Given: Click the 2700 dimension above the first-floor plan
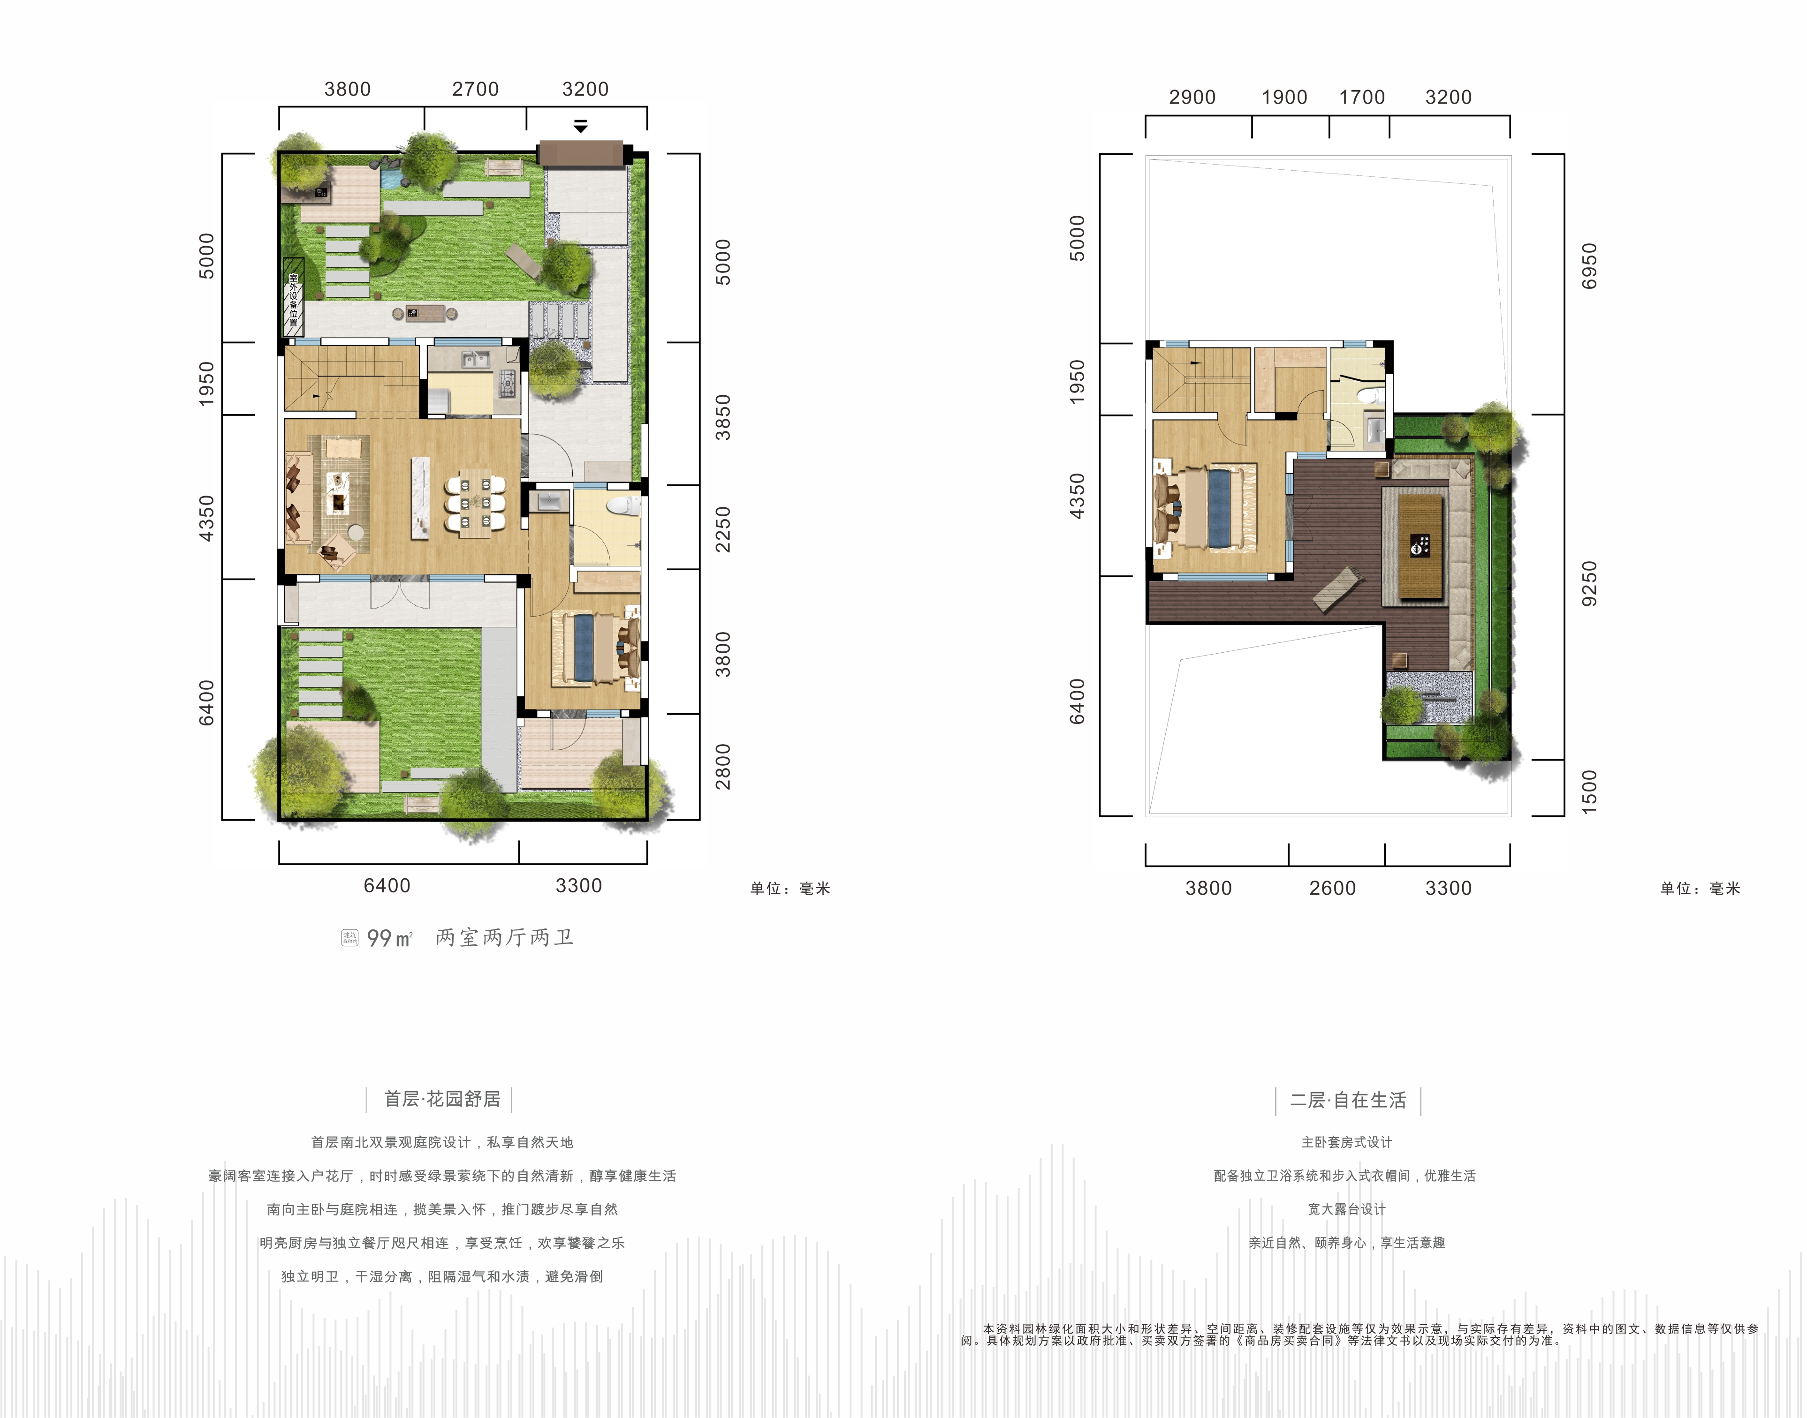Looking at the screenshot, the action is (x=475, y=89).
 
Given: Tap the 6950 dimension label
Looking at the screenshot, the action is (x=1588, y=266).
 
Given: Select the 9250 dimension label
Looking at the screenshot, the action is (x=1588, y=584).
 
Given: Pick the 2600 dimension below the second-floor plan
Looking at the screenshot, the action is (x=1332, y=888).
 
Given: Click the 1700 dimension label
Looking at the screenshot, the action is (x=1362, y=97).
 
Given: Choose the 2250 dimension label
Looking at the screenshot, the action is (x=723, y=529).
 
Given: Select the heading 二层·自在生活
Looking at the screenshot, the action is (x=1348, y=1100).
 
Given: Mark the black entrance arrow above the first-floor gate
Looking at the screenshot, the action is (x=580, y=126).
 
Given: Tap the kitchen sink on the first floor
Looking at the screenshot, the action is (x=475, y=360).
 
